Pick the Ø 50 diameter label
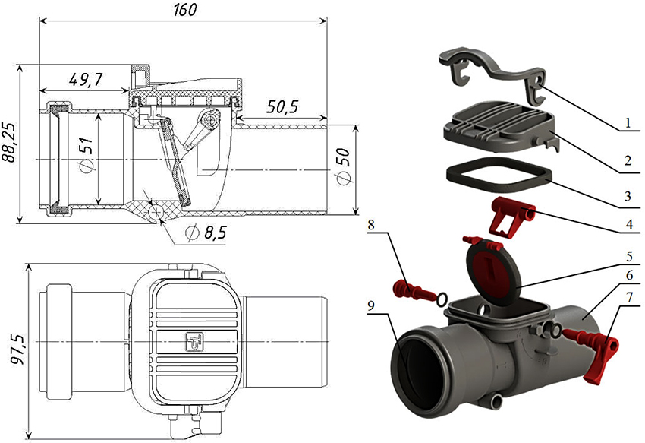pos(343,172)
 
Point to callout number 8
pos(371,224)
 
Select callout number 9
pos(371,307)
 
